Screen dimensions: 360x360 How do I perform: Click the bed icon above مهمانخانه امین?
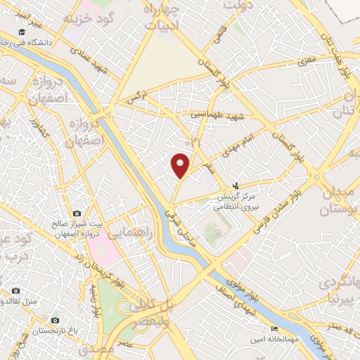tap(275, 328)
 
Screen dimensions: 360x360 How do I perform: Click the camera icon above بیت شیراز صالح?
tap(77, 213)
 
